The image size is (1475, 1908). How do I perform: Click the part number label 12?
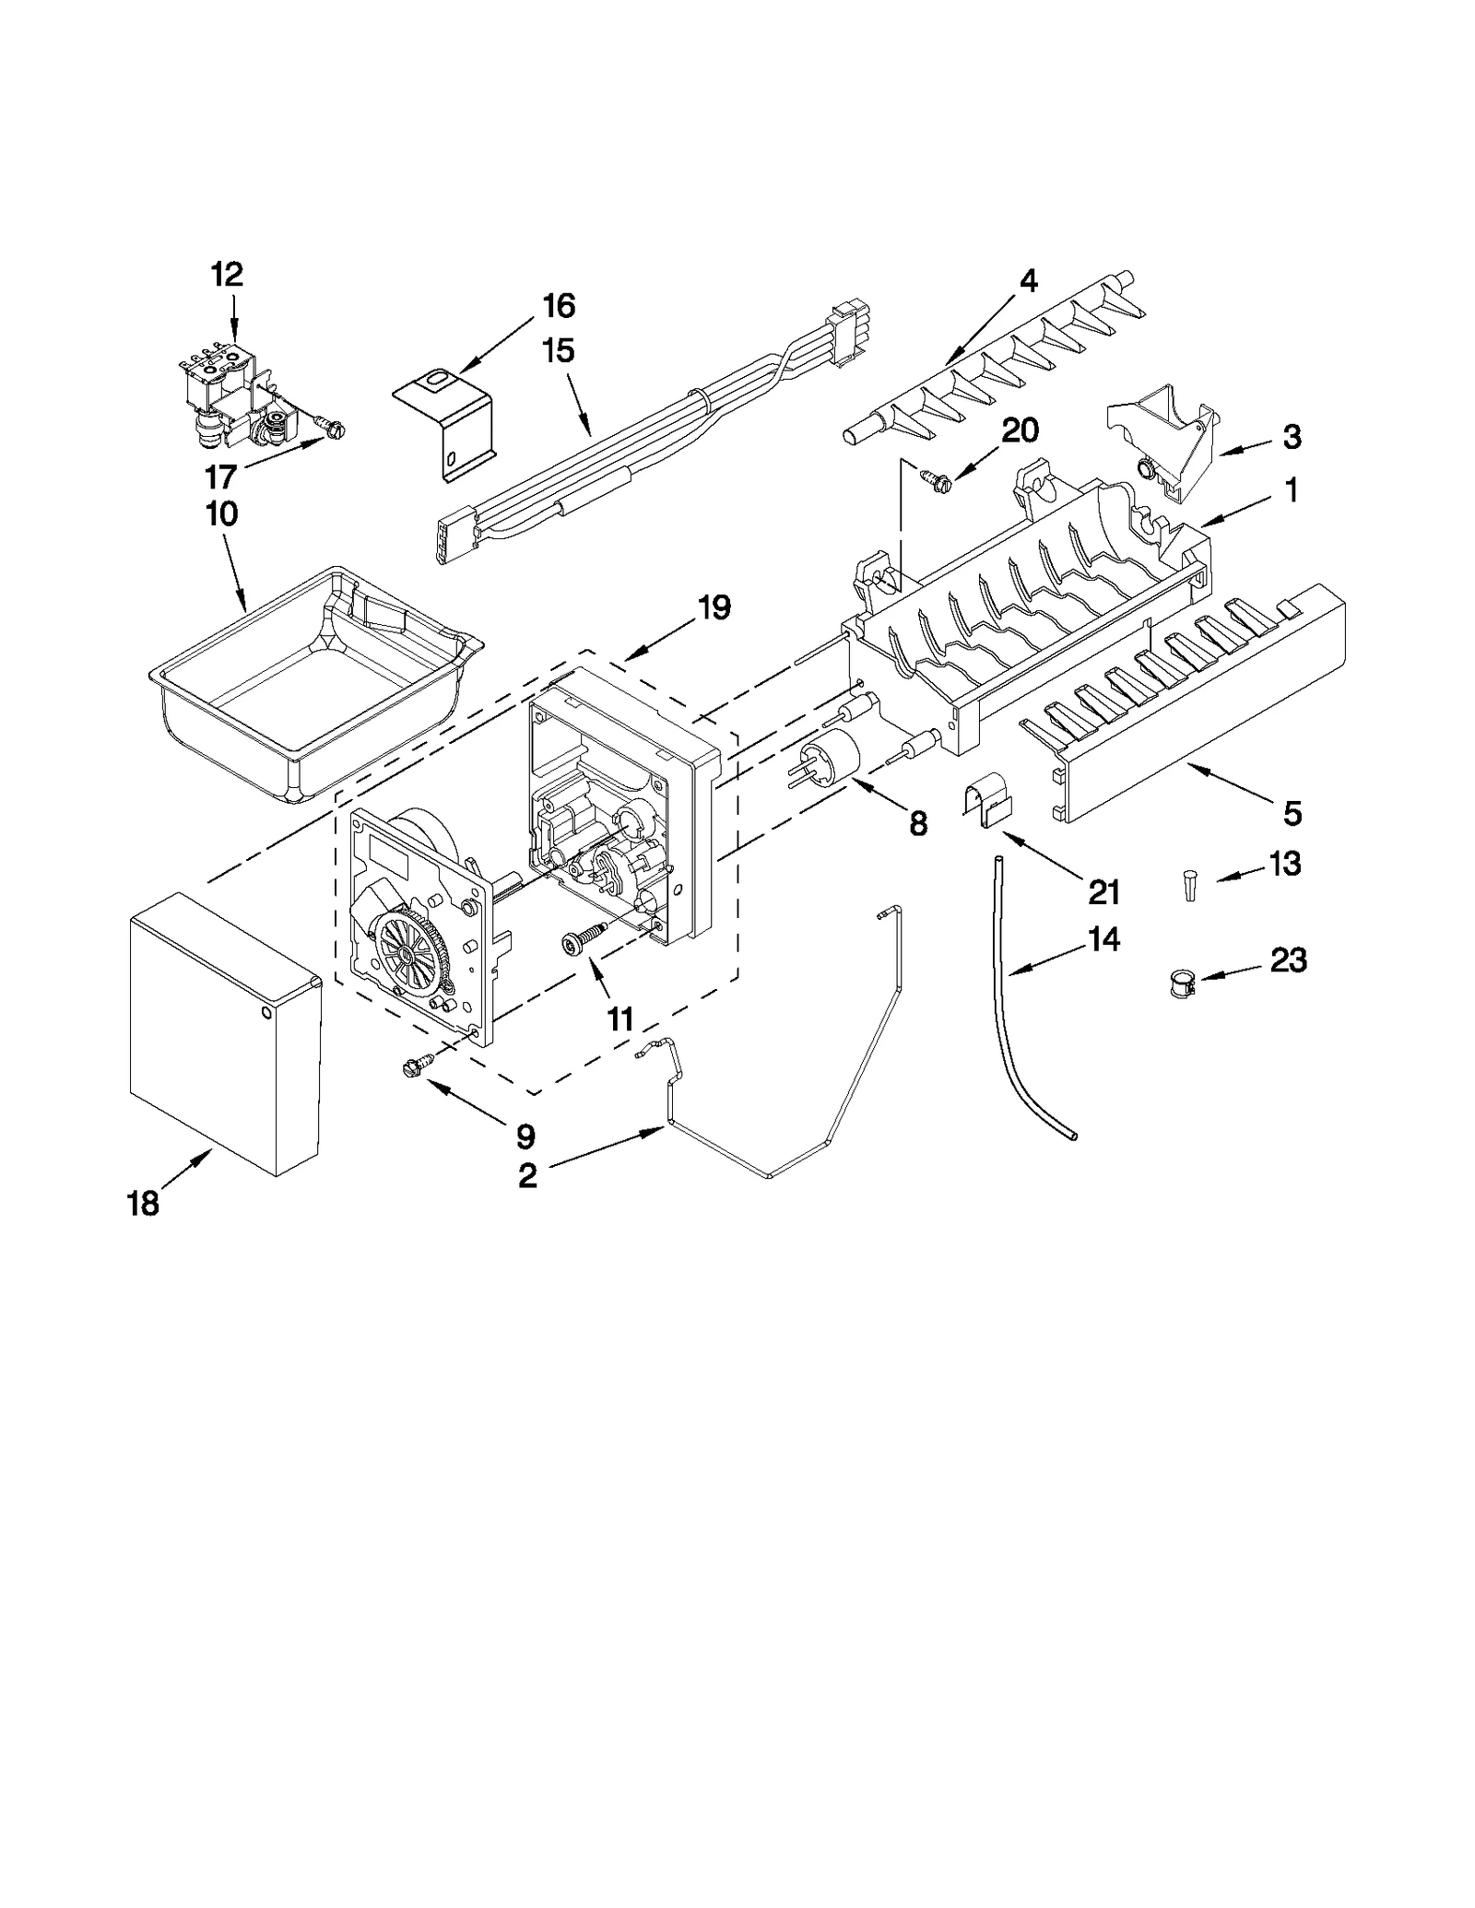227,274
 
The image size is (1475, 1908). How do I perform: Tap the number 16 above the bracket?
559,305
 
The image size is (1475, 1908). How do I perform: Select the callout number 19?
714,607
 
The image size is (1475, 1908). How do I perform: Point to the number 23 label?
1288,960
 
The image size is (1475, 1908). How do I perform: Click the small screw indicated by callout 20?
932,476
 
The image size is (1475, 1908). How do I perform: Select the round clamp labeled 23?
1182,983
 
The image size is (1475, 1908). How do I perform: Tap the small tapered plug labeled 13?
1190,887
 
